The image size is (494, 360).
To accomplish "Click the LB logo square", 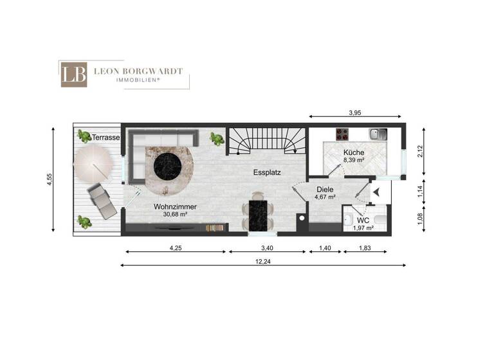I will pos(74,74).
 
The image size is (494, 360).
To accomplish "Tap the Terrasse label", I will pos(105,138).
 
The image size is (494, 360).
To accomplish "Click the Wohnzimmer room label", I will pos(174,206).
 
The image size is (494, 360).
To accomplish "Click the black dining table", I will pos(257,214).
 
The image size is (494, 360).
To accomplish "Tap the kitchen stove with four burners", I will pos(342,135).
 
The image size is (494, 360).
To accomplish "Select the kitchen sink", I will pos(378,134).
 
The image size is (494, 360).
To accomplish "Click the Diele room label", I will pos(325,190).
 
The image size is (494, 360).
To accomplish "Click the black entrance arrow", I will pos(377,191).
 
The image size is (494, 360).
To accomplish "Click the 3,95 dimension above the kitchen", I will pos(354,113).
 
